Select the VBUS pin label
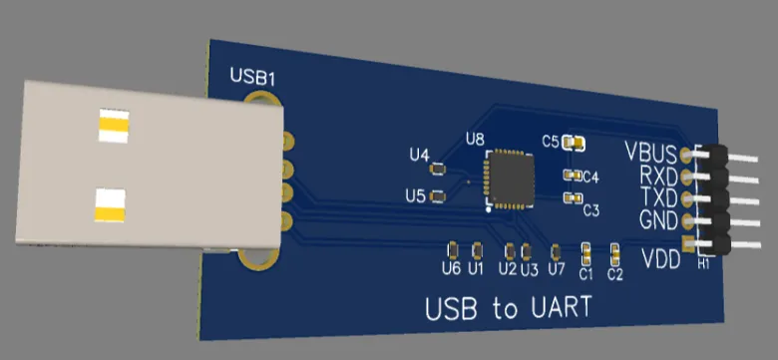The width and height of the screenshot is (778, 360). click(x=651, y=153)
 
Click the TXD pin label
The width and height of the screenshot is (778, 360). click(x=658, y=196)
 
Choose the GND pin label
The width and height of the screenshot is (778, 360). click(x=658, y=218)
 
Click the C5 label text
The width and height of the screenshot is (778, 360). click(x=551, y=141)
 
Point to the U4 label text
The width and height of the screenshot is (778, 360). click(x=420, y=155)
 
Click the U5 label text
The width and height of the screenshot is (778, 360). click(x=415, y=195)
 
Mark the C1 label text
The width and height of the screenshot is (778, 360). click(x=585, y=273)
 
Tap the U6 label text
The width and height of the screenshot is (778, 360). click(x=451, y=268)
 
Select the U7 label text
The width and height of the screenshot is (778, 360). click(x=557, y=269)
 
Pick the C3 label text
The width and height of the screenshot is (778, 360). click(x=590, y=210)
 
